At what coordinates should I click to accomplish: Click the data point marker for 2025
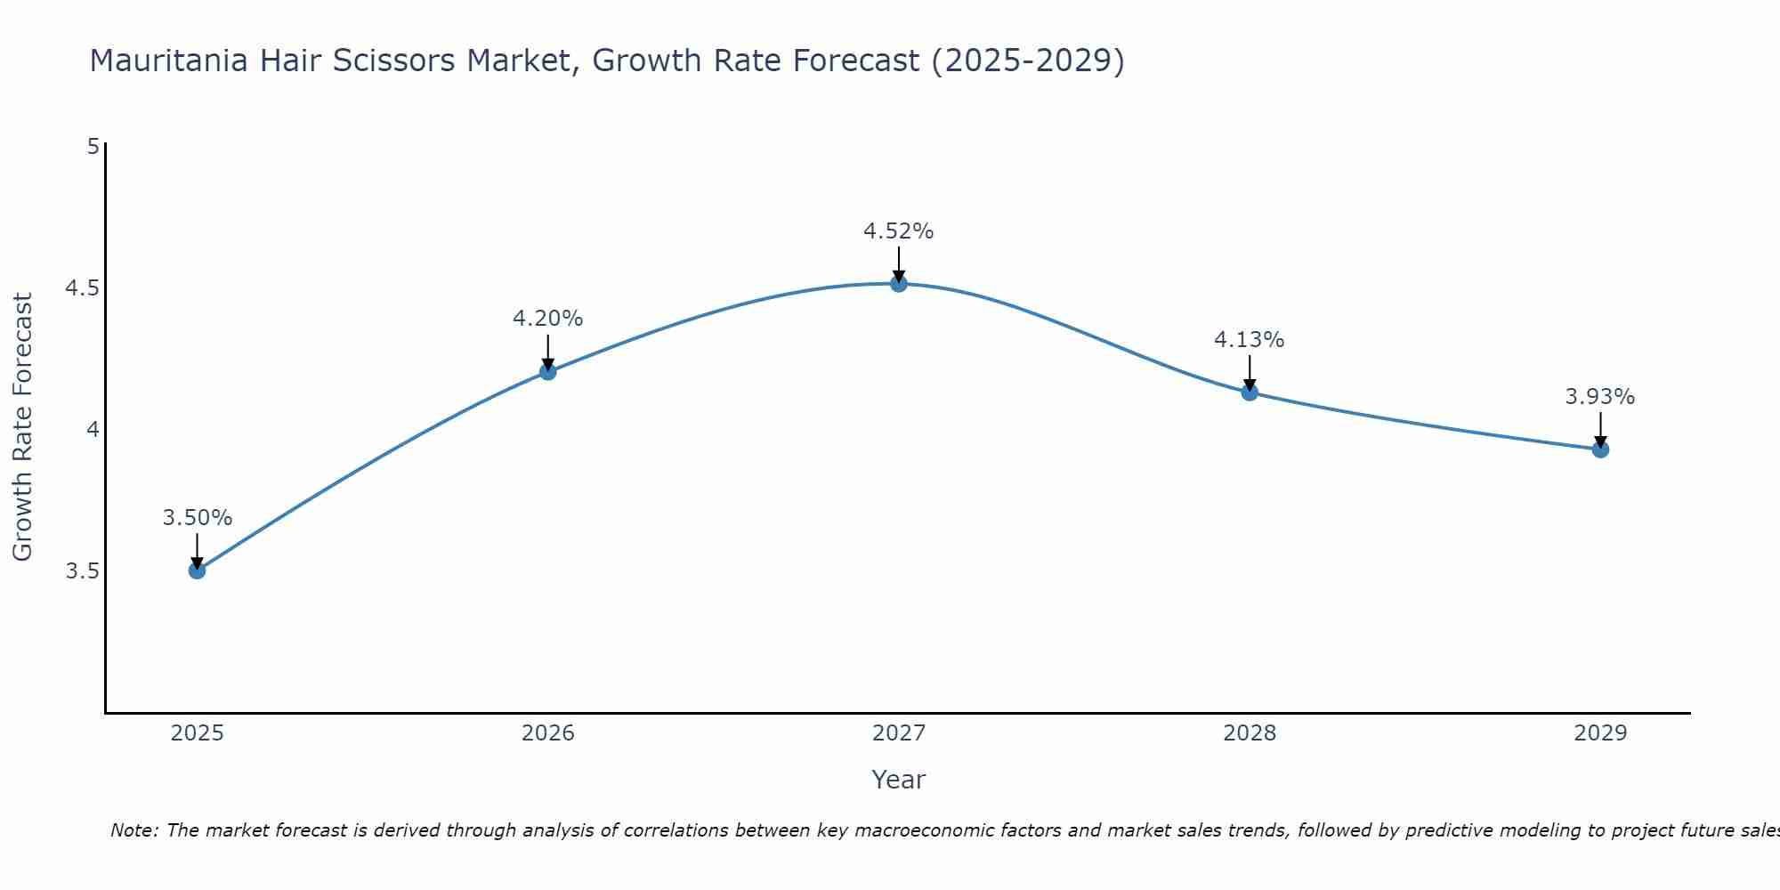198,570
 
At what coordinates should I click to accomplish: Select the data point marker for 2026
548,372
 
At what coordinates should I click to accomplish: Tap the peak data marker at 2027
899,284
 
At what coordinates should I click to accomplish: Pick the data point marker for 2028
1250,392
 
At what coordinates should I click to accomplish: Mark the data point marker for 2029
1600,449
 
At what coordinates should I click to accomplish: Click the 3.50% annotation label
198,518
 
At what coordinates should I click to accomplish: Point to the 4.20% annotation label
548,319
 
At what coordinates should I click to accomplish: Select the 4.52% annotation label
899,231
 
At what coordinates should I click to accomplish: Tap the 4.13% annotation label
1250,340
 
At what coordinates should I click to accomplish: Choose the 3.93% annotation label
1600,397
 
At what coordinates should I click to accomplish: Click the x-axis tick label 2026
548,733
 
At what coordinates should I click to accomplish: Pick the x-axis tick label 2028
1250,733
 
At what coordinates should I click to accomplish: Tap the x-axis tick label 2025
198,733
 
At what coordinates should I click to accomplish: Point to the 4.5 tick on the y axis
82,288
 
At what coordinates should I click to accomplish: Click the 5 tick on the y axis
93,147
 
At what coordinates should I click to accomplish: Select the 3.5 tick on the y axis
82,570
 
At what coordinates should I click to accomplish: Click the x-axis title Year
899,780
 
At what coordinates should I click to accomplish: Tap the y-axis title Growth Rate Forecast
23,427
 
